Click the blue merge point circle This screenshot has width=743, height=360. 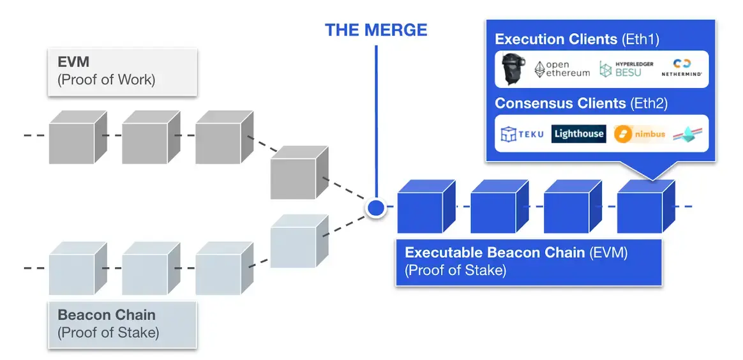[376, 207]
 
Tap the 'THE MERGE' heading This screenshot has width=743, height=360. [376, 30]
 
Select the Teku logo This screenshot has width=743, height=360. [522, 134]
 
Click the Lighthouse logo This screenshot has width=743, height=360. [578, 133]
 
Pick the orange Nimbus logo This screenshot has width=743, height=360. [640, 134]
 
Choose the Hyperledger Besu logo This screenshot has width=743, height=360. [625, 70]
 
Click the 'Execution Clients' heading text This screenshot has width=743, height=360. [555, 39]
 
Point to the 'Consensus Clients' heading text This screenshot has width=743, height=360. [560, 103]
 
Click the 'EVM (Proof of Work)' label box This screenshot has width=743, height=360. [122, 71]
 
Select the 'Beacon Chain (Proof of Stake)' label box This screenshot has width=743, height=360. [122, 324]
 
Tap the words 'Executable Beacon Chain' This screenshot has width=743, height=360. [486, 253]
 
